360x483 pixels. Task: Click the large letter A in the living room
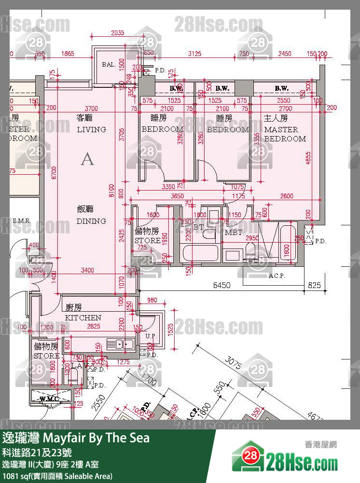coord(87,159)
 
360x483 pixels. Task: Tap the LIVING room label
coord(91,129)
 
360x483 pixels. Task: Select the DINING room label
coord(91,221)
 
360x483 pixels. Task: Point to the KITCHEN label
coord(83,317)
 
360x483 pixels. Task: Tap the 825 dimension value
coord(314,286)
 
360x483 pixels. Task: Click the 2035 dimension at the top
coord(117,33)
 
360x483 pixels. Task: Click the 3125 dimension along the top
coord(194,53)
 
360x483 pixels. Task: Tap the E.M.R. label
coord(22,221)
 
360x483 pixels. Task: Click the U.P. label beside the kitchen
coord(151,335)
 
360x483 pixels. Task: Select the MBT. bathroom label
coord(234,232)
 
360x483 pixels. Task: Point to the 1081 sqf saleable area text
coord(57,476)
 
